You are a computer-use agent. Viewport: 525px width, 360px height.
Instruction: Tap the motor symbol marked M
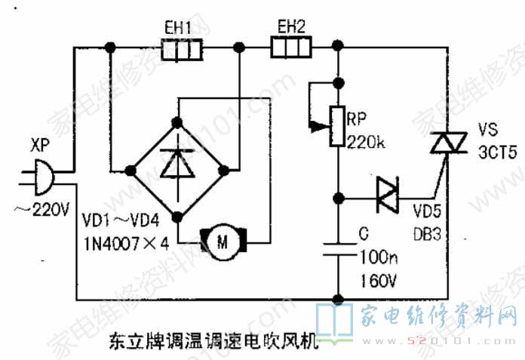pyautogui.click(x=222, y=242)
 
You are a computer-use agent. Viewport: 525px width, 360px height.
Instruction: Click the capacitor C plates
pyautogui.click(x=339, y=249)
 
